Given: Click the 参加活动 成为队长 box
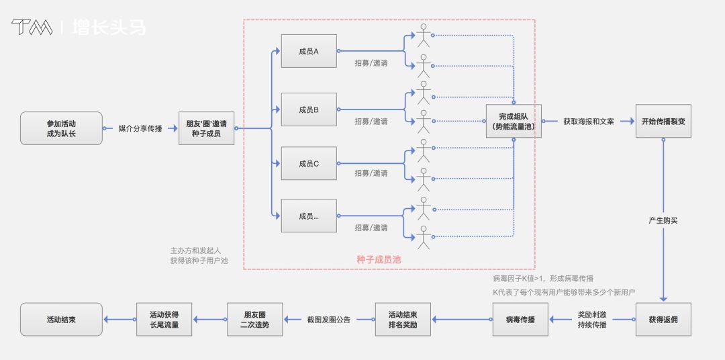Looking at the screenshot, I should point(61,128).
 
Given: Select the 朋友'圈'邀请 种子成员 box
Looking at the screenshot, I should point(206,128).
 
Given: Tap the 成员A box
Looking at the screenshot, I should point(309,51).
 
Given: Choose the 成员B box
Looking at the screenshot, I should point(309,109).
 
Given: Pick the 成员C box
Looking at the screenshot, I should point(309,163).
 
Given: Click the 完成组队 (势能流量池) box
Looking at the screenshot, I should point(514,121).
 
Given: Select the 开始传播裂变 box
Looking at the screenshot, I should point(663,121).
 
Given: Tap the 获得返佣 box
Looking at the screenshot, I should point(663,319).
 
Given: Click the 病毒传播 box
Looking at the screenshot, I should point(520,319).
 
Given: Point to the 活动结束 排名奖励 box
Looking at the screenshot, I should point(403,319).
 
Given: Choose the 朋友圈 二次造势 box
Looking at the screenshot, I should point(254,319).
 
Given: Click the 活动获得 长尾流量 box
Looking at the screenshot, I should point(164,319).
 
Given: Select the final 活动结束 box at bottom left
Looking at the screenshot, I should point(61,319).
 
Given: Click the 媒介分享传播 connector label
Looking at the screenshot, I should point(140,128).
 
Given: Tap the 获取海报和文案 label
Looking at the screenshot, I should point(588,122).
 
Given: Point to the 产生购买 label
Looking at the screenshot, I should point(663,220).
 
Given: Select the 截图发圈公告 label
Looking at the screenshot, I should point(328,320).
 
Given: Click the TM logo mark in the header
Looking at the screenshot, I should point(32,27).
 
